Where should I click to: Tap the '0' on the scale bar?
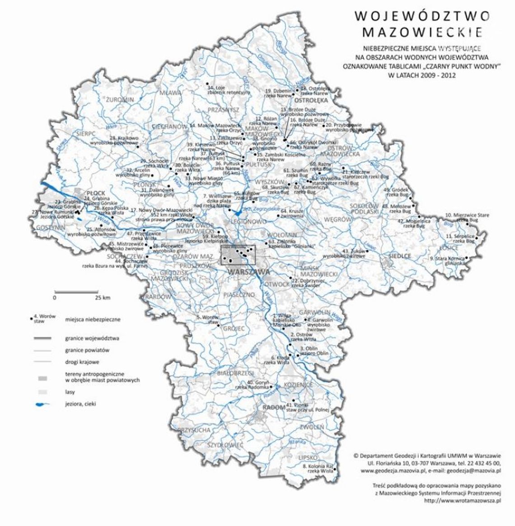(54, 298)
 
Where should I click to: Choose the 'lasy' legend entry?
(71, 392)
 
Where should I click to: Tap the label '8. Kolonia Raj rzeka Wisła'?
(318, 468)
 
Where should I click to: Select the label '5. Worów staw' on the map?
(208, 319)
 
